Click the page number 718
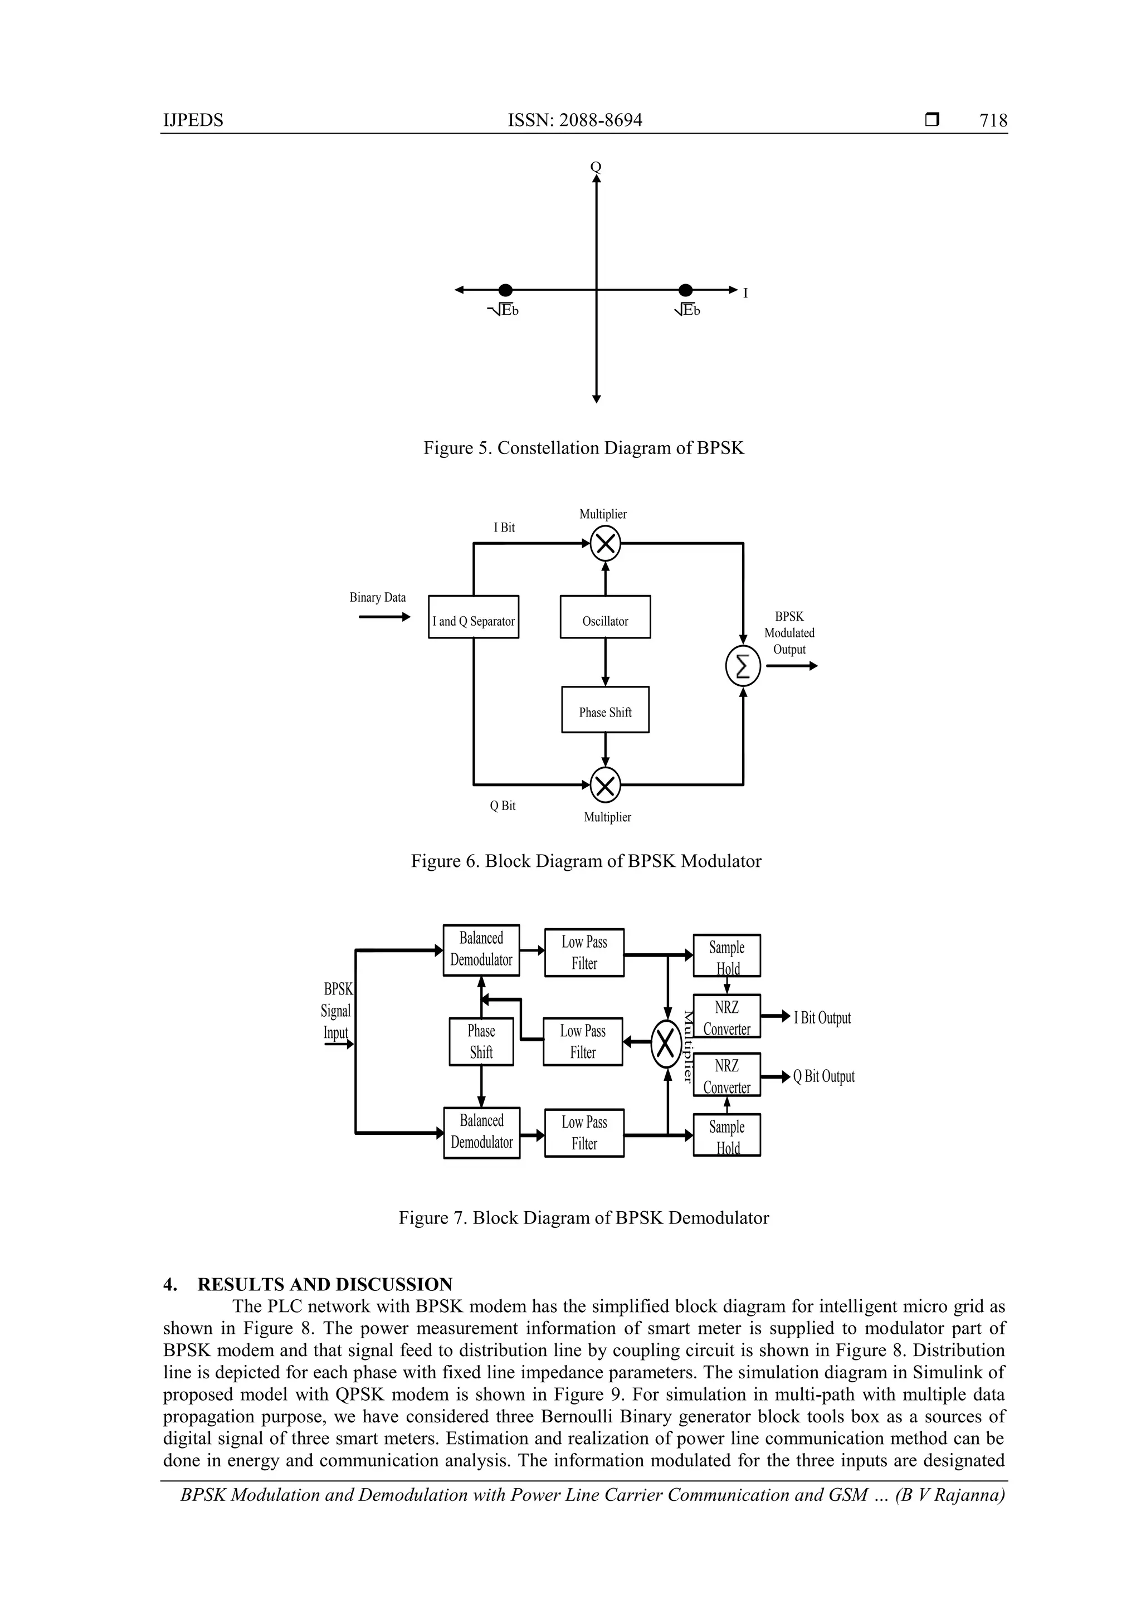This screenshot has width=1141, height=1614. tap(993, 120)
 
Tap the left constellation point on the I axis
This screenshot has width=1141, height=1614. tap(505, 290)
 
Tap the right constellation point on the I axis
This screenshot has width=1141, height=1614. tap(685, 290)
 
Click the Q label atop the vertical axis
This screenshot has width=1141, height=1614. tap(596, 167)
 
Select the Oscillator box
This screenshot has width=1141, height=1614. tap(604, 617)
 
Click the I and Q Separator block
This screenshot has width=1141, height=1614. tap(473, 617)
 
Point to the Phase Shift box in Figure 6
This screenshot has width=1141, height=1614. tap(604, 709)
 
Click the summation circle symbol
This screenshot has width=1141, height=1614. tap(743, 666)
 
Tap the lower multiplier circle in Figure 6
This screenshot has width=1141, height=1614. tap(604, 784)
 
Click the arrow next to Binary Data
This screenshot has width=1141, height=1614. tap(384, 617)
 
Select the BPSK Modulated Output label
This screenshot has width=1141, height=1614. tap(789, 633)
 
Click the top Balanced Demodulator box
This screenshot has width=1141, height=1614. tap(481, 950)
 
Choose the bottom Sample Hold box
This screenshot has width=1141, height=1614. tap(726, 1134)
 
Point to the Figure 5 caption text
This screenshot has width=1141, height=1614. tap(583, 448)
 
